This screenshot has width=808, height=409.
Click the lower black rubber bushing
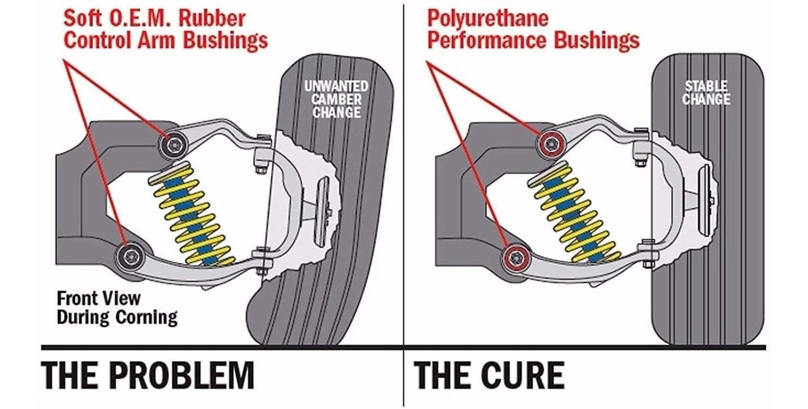tap(129, 255)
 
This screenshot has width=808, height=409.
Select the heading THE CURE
tap(490, 375)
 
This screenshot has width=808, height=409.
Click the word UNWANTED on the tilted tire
tap(336, 87)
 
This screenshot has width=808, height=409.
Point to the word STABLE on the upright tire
tap(706, 86)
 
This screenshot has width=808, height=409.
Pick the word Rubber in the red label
tap(220, 18)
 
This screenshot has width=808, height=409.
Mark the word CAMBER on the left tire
tap(337, 99)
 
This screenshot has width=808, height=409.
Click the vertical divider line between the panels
tap(404, 202)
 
